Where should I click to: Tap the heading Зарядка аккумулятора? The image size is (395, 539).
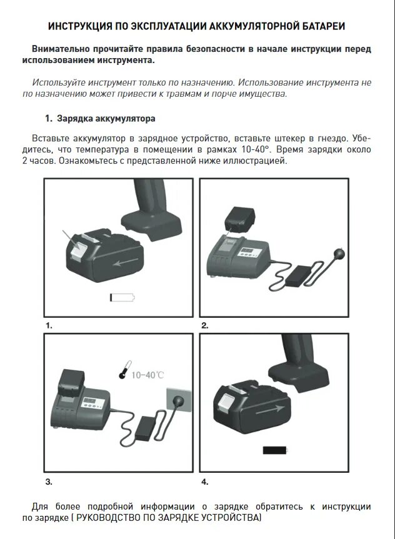pos(106,119)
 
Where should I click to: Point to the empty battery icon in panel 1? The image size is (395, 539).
pos(122,297)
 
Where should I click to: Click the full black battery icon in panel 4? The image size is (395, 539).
pos(275,450)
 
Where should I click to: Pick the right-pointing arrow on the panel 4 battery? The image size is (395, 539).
pos(270,410)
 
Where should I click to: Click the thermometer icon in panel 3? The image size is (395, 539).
pos(124,370)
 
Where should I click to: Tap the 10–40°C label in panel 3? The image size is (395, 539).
pos(147,375)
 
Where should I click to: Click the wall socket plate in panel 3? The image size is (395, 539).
pos(179,400)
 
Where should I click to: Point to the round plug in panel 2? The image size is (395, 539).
pos(338,254)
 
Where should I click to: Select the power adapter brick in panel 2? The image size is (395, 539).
pos(299,275)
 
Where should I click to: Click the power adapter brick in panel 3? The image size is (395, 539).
pos(145,428)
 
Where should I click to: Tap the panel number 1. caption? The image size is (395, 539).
pos(49,325)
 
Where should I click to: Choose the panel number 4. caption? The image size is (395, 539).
pos(205,482)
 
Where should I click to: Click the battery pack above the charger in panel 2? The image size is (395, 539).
pos(240,219)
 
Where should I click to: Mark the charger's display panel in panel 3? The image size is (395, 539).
pos(92,403)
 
